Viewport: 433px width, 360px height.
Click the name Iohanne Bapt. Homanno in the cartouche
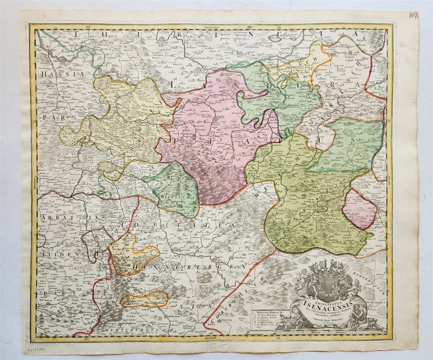click(325, 320)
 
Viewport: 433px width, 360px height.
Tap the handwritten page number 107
click(413, 15)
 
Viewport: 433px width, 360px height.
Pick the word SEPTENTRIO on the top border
click(213, 27)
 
